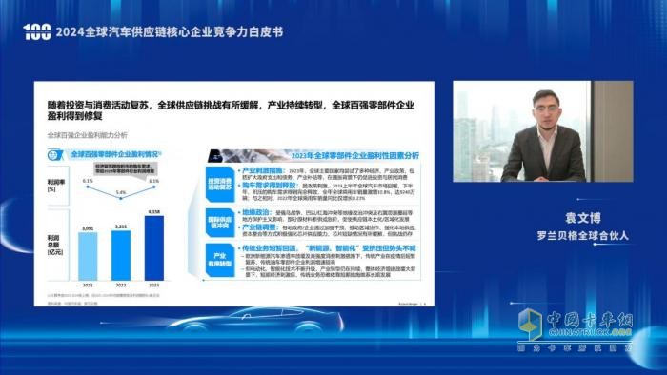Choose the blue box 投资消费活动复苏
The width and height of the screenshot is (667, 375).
pos(220,183)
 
